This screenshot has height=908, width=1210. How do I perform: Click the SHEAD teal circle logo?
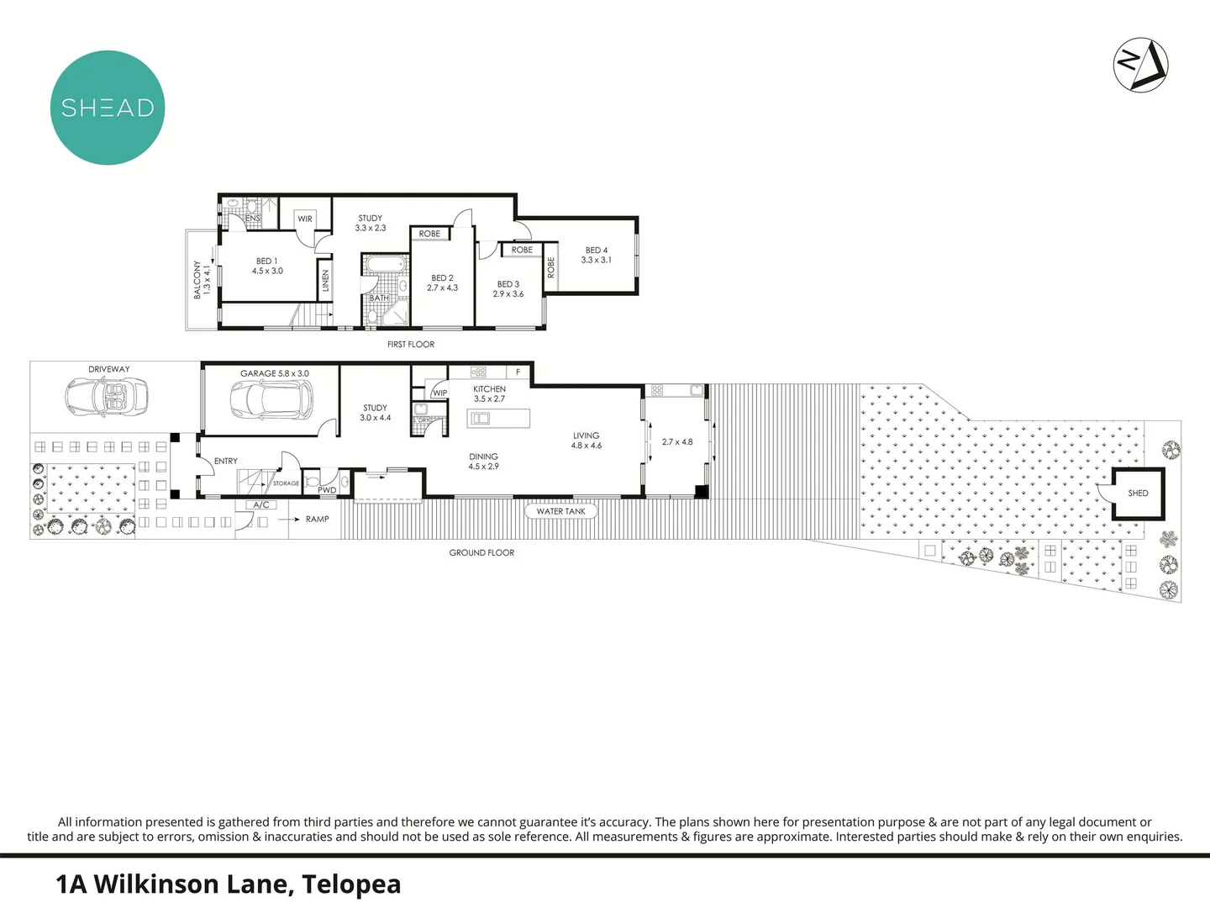(108, 108)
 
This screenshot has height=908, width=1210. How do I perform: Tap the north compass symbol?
(1140, 65)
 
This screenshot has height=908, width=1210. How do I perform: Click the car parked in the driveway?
(107, 395)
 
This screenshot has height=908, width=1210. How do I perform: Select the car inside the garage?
(271, 399)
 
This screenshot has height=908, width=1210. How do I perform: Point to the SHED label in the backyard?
(1138, 494)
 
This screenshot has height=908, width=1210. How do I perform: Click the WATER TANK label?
(560, 511)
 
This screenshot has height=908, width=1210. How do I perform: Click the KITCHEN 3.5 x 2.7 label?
(489, 393)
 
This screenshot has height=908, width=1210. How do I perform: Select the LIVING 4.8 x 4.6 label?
(587, 441)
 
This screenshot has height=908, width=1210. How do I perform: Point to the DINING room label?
(483, 461)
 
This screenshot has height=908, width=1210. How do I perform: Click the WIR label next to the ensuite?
(305, 219)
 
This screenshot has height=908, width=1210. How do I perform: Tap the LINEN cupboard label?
(325, 281)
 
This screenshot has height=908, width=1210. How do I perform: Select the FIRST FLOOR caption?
(411, 345)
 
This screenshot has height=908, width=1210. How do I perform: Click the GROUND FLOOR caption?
(481, 553)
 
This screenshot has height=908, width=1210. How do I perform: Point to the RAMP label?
(317, 520)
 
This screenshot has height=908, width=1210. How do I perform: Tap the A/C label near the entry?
(261, 505)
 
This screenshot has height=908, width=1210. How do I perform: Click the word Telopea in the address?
(351, 884)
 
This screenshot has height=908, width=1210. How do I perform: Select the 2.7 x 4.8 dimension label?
(677, 442)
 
